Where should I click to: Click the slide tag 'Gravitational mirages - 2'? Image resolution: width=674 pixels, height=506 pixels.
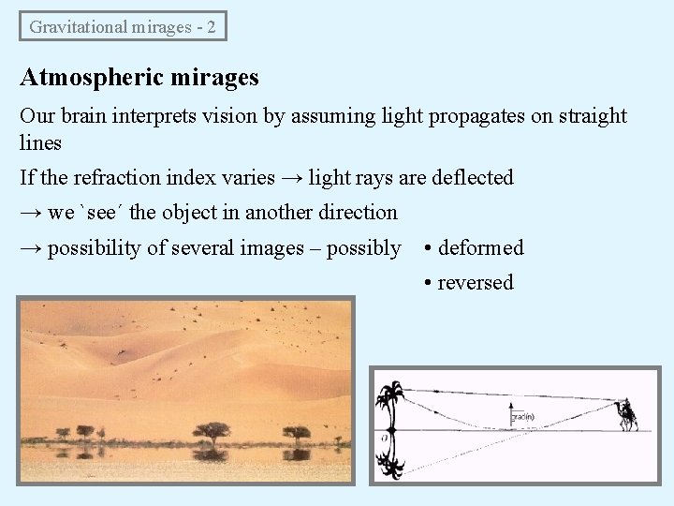coord(123,26)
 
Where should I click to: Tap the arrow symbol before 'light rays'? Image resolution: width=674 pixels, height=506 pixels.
coord(292,177)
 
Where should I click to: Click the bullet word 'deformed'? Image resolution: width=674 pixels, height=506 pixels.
coord(481,248)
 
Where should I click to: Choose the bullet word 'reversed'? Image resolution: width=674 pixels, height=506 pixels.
coord(476,283)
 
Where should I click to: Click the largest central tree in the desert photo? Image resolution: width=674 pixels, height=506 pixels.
coord(212,432)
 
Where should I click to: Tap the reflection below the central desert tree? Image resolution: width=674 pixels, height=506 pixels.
coord(212,454)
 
